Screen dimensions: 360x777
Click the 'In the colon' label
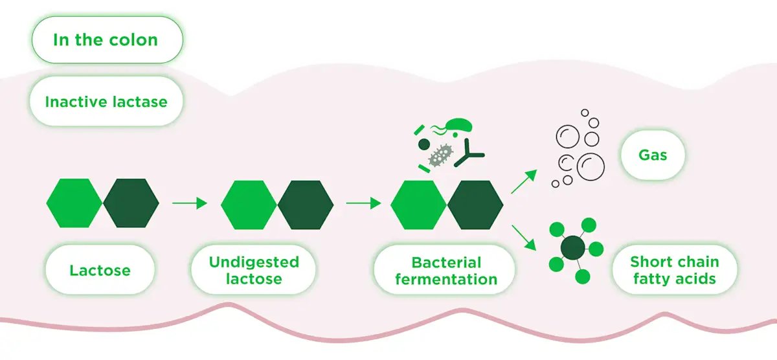tap(106, 40)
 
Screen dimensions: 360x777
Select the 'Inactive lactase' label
tap(106, 102)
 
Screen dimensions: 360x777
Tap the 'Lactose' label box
tap(100, 270)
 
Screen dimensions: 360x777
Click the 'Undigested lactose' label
tap(254, 271)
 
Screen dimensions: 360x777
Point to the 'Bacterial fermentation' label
tap(446, 271)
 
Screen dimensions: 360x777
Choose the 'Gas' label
tap(653, 155)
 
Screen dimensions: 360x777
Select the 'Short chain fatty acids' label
tap(675, 271)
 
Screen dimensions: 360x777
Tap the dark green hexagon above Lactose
tap(131, 203)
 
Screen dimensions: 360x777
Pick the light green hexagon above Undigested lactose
tap(249, 205)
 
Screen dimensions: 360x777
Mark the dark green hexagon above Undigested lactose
tap(306, 205)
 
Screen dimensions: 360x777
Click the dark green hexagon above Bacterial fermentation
tap(475, 205)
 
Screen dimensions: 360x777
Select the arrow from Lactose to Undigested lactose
tap(189, 203)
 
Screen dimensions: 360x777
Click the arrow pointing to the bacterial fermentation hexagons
tap(363, 203)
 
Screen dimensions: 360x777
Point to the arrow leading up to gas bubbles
tap(523, 182)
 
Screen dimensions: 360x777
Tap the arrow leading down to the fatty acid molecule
tap(523, 237)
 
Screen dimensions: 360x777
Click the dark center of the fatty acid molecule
tap(572, 248)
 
